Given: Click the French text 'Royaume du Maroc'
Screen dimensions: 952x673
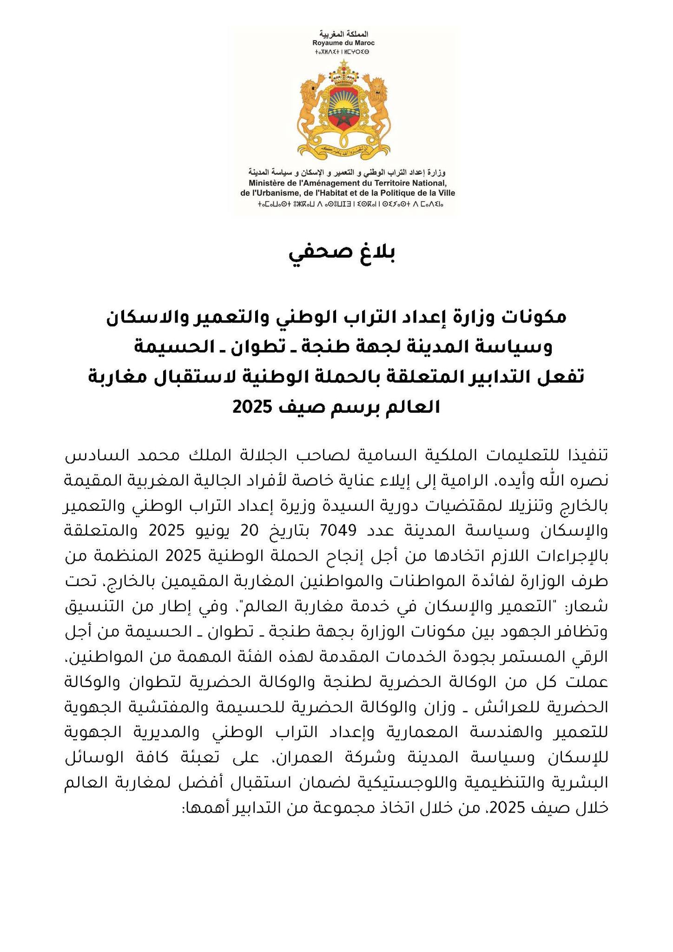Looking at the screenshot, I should [x=343, y=43].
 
